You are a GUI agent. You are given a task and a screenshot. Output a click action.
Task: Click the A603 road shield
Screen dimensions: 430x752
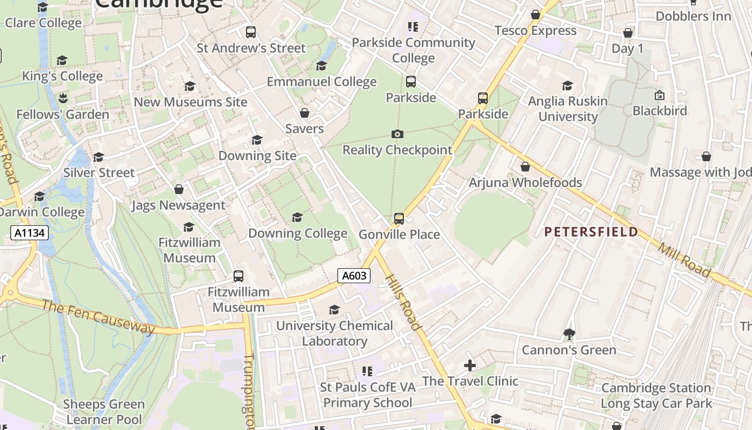click(355, 276)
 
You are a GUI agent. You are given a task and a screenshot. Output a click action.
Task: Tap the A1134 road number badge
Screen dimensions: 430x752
click(30, 233)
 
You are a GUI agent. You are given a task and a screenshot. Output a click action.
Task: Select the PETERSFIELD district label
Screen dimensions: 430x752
click(591, 232)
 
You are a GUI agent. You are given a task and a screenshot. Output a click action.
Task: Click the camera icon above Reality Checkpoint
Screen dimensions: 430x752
click(397, 134)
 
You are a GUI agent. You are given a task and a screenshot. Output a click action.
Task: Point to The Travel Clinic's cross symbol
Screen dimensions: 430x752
click(470, 365)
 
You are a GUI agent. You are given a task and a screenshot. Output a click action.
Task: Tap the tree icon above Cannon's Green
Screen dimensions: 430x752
click(569, 334)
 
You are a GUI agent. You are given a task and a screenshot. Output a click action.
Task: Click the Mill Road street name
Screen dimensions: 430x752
click(684, 260)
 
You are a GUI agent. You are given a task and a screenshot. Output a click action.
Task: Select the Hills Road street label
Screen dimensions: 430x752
click(403, 301)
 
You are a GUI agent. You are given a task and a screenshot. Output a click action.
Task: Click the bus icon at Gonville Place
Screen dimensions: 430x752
click(399, 218)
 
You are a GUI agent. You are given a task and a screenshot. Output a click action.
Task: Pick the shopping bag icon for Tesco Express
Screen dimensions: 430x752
click(536, 15)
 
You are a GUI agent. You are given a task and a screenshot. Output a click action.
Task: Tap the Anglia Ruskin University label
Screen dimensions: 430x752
click(568, 109)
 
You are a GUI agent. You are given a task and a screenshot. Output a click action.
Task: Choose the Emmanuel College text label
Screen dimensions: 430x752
click(322, 82)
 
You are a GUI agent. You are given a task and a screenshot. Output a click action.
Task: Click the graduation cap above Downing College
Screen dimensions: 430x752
click(297, 217)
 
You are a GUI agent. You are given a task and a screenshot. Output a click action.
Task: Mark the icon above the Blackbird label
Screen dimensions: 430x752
click(659, 95)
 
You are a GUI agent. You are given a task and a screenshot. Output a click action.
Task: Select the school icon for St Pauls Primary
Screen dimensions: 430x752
click(367, 371)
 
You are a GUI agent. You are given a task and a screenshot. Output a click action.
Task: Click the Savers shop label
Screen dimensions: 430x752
click(305, 128)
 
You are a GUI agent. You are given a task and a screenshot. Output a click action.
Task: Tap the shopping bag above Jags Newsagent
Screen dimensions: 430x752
click(179, 189)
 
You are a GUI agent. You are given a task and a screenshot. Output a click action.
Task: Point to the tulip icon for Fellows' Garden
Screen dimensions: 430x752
click(63, 98)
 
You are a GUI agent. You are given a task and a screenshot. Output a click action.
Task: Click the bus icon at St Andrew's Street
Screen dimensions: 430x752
click(251, 32)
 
